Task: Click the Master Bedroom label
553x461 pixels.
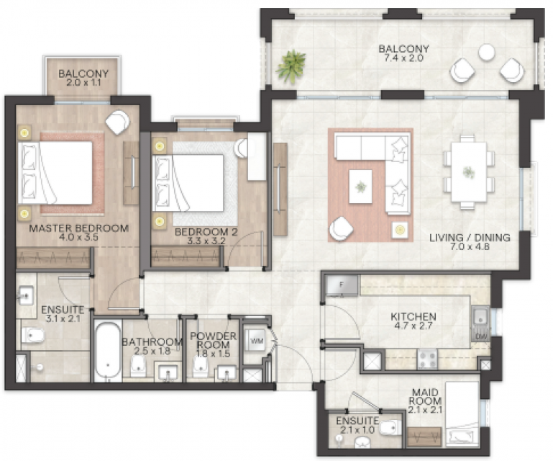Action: coord(78,228)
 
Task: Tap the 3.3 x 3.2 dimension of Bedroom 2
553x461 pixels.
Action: coord(206,241)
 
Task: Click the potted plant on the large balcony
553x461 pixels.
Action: coord(291,66)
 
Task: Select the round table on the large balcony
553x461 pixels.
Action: coord(487,53)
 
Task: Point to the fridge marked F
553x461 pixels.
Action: coord(342,285)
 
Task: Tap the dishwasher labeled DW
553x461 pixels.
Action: coord(481,336)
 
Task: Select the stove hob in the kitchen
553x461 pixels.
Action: coord(427,359)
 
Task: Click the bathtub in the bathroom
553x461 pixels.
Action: coord(108,350)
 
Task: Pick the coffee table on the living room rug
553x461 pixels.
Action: coord(360,187)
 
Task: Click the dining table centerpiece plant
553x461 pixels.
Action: coord(469,172)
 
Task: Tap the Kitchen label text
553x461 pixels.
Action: coord(413,316)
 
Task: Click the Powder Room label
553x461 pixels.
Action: coord(213,340)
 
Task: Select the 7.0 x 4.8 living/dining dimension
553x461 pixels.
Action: coord(470,246)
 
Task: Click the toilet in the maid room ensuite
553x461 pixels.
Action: coord(391,428)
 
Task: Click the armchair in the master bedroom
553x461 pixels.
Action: coord(117,122)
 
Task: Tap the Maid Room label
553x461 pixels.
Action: coord(425,397)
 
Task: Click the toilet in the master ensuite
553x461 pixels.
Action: coord(32,335)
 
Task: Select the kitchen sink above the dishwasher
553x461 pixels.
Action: coord(480,317)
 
